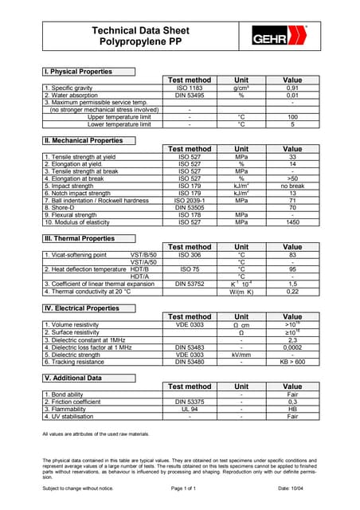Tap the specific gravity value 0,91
pyautogui.click(x=292, y=88)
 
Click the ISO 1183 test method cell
pyautogui.click(x=189, y=88)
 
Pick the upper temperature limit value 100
pyautogui.click(x=292, y=117)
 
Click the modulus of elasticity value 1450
pyautogui.click(x=292, y=222)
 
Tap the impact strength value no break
pyautogui.click(x=292, y=185)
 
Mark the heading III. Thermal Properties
pyautogui.click(x=80, y=238)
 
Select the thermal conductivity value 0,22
pyautogui.click(x=292, y=291)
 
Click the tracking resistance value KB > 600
pyautogui.click(x=292, y=362)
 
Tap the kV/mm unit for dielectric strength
pyautogui.click(x=241, y=354)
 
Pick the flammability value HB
pyautogui.click(x=292, y=409)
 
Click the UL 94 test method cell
pyautogui.click(x=189, y=409)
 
